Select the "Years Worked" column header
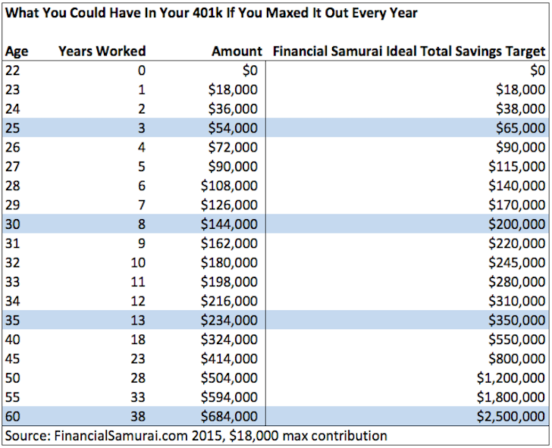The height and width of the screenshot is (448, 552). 102,52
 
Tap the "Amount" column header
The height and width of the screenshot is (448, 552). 237,52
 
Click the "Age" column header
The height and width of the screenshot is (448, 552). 16,52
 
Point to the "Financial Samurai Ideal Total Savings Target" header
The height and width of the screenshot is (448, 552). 409,52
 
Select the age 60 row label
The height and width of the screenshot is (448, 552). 14,416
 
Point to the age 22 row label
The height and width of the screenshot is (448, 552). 14,70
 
